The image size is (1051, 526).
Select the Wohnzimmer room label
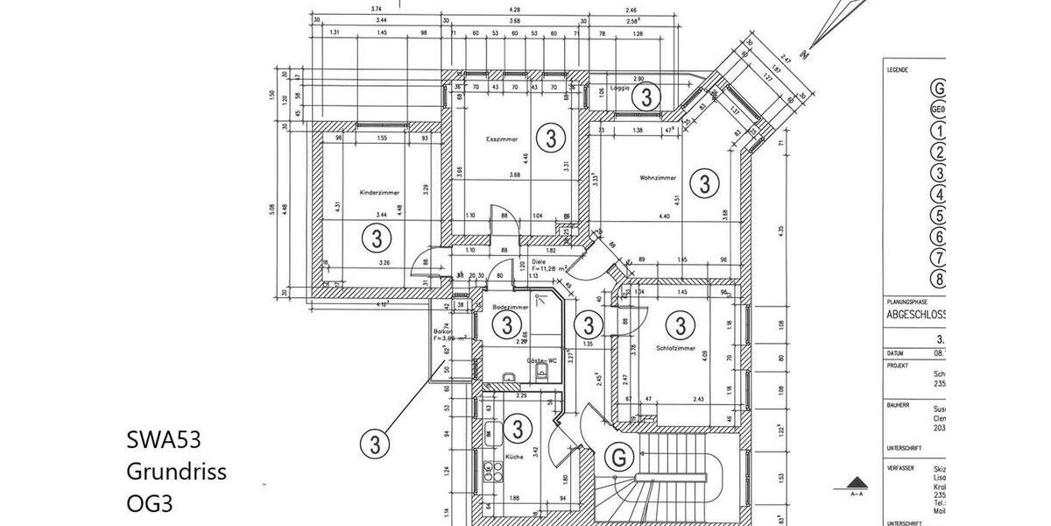pyautogui.click(x=658, y=178)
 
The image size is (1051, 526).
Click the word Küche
pyautogui.click(x=514, y=458)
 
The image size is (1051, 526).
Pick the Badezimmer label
pyautogui.click(x=511, y=308)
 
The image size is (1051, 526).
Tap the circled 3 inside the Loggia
pyautogui.click(x=645, y=95)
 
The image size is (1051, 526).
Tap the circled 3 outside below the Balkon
pyautogui.click(x=375, y=444)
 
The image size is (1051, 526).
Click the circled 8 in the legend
pyautogui.click(x=940, y=281)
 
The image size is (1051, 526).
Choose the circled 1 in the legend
pyautogui.click(x=940, y=131)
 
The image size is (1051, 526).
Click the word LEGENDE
pyautogui.click(x=897, y=69)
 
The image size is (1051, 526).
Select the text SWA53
pyautogui.click(x=170, y=439)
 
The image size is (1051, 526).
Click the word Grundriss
pyautogui.click(x=176, y=472)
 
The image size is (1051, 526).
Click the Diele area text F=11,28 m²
pyautogui.click(x=550, y=268)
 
